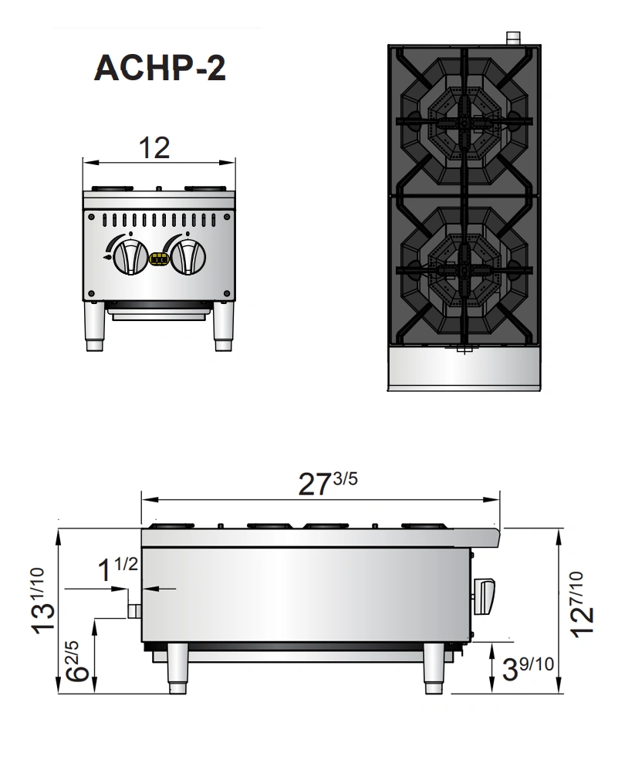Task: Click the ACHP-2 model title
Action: (160, 69)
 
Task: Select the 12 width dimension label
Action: (158, 147)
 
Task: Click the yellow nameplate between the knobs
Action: (159, 260)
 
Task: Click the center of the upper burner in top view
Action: (463, 121)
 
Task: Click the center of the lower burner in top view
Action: (463, 268)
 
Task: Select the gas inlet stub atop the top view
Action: (513, 37)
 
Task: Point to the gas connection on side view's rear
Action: (134, 611)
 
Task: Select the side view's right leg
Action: (434, 668)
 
